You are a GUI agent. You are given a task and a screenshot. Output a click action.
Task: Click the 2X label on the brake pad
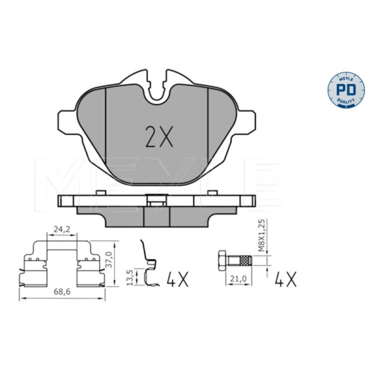pos(159,137)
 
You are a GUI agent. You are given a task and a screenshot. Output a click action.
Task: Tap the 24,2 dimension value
pos(62,230)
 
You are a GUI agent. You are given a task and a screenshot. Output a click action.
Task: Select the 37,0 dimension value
pos(109,259)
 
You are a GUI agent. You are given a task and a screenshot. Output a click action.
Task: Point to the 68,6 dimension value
pos(62,292)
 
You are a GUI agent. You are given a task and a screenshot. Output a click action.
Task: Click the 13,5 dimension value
pos(129,278)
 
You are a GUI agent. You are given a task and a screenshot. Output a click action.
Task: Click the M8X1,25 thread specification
pos(262,235)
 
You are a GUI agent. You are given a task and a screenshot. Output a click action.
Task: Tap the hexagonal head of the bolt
pos(222,260)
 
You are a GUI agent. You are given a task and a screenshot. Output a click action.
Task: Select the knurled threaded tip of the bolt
pos(246,260)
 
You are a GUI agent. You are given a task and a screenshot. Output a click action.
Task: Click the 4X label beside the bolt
pos(285,279)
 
